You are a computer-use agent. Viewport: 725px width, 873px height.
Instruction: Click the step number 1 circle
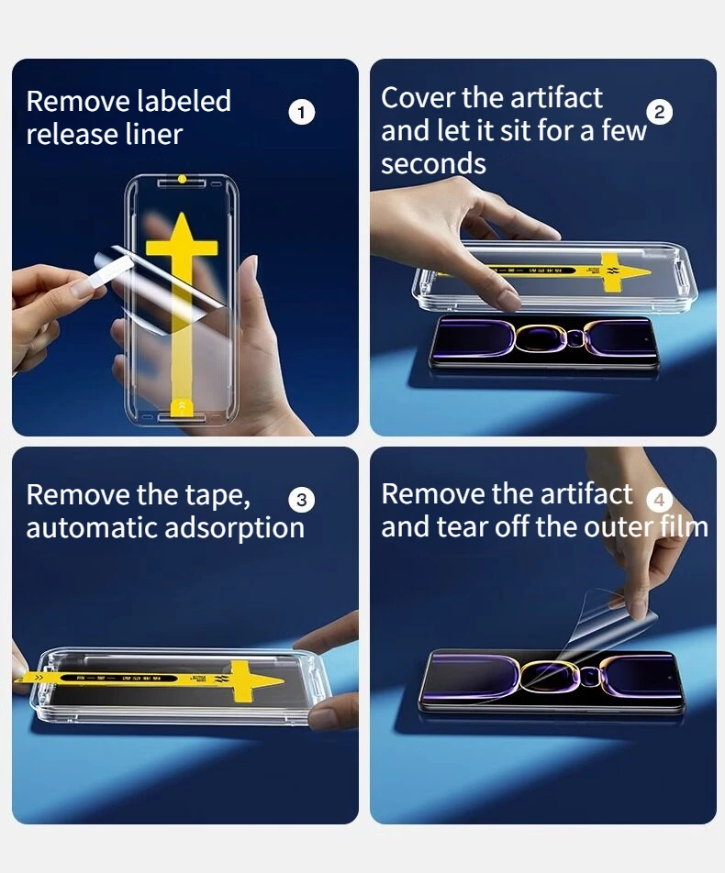[302, 113]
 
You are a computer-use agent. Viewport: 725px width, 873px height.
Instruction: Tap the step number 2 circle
[659, 112]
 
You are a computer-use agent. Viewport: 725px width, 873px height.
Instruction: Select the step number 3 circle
[302, 500]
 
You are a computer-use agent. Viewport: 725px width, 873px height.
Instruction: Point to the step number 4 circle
[659, 500]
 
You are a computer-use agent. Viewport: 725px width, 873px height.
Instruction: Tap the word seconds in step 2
[433, 163]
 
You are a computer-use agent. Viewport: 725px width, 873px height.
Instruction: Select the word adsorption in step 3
[235, 528]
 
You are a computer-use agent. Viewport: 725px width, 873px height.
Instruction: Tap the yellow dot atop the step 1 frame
[183, 179]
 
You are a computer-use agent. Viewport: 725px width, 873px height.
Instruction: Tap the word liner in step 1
[154, 134]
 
